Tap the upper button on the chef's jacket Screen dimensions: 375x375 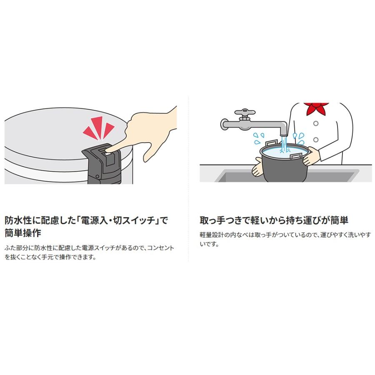316,123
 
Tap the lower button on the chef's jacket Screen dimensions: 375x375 316,139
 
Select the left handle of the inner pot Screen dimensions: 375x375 270,144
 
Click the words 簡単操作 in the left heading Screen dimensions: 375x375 23,232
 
